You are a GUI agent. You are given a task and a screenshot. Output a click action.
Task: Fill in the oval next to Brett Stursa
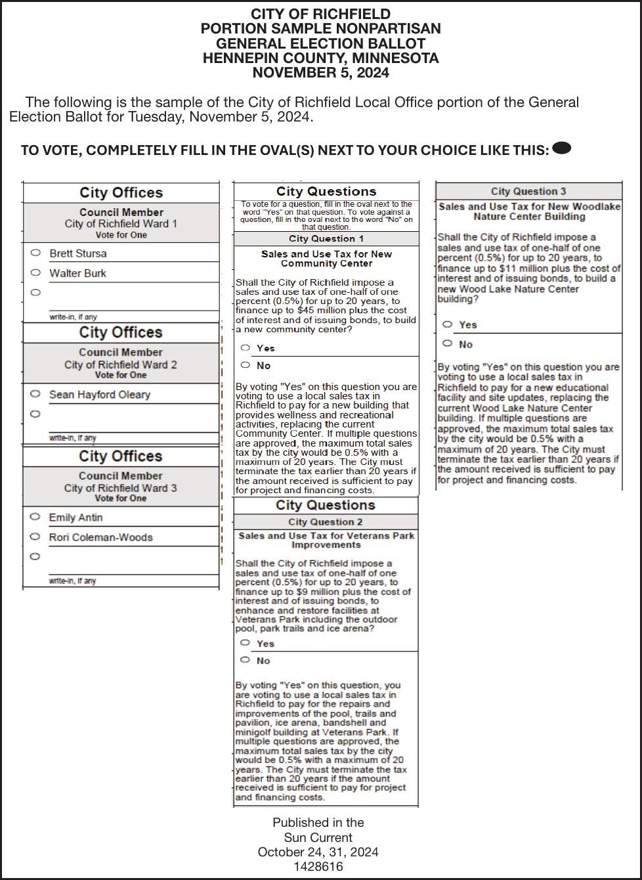point(35,253)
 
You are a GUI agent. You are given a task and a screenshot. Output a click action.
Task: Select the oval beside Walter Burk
point(35,273)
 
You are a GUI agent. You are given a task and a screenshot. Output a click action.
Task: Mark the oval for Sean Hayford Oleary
point(35,394)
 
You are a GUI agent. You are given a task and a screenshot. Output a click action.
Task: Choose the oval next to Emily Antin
point(35,517)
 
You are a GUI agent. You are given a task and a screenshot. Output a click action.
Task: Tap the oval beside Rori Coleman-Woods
point(35,537)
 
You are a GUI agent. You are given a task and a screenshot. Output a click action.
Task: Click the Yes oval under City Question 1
point(246,347)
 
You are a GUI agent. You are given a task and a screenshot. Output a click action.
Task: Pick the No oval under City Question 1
point(246,365)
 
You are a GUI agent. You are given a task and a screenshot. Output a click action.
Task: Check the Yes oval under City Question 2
point(246,643)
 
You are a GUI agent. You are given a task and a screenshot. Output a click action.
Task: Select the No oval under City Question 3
point(448,343)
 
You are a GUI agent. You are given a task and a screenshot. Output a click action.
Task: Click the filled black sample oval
point(562,148)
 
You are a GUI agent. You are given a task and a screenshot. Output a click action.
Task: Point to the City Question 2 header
point(326,522)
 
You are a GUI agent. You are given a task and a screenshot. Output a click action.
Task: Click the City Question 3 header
point(528,191)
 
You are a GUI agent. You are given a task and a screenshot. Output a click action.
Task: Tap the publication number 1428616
point(318,867)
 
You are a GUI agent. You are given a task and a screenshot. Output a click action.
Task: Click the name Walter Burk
point(77,273)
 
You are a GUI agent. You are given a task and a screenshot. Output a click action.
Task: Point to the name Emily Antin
point(75,517)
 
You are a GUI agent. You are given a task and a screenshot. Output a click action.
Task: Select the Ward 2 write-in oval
point(35,414)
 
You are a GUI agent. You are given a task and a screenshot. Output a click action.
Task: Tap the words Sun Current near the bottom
point(318,837)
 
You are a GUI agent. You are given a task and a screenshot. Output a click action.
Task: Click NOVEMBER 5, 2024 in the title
point(320,73)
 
